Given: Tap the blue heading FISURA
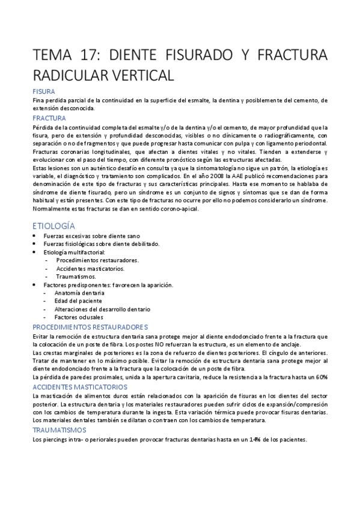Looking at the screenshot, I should [x=44, y=91].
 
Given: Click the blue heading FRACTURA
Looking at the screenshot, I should [x=50, y=118].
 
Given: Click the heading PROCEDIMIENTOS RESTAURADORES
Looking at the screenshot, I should [x=90, y=327].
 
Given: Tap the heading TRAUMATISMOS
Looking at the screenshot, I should [x=60, y=430].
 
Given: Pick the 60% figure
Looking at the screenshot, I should [x=320, y=376].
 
